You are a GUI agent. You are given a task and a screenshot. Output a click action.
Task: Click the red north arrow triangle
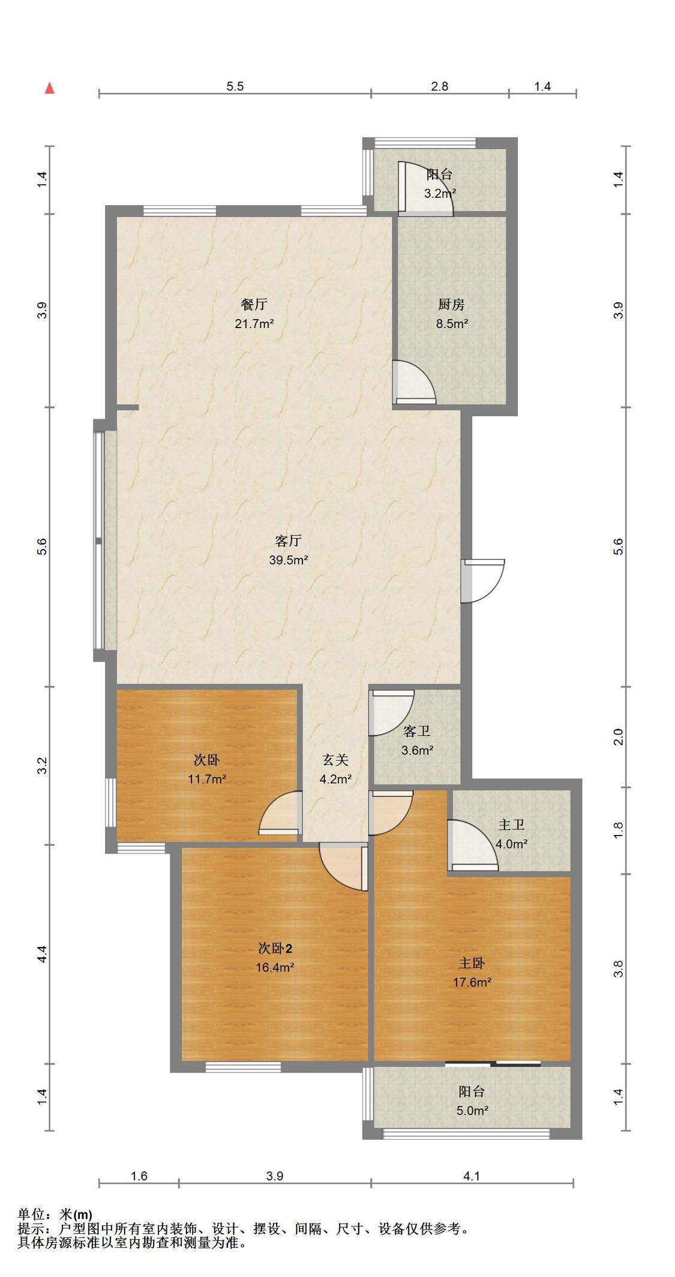pos(50,88)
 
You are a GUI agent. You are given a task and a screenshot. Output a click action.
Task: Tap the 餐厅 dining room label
pos(254,304)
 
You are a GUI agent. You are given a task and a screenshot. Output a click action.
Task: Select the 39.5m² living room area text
pos(289,560)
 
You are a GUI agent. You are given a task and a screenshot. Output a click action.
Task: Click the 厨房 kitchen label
pos(451,304)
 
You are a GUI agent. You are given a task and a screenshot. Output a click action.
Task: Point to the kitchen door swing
pos(413,382)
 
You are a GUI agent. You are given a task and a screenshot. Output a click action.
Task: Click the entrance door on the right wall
pos(483,581)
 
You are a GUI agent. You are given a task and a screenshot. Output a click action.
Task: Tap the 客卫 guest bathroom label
pos(416,731)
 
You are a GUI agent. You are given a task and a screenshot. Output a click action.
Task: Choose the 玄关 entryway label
pos(335,760)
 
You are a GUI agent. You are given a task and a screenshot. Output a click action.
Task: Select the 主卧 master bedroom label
pos(472,963)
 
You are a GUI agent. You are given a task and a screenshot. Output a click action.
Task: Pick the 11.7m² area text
pos(206,779)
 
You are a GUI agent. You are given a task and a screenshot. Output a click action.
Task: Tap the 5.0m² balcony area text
pos(472,1110)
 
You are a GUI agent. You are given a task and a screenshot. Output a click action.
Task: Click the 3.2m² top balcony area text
pos(440,194)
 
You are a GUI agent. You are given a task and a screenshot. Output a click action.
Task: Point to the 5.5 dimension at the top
pos(235,86)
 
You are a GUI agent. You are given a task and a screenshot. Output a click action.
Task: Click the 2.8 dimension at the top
pos(440,86)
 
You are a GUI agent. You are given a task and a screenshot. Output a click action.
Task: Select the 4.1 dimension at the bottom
pos(472,1176)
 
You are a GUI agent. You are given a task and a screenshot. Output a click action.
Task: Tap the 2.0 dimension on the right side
pos(619,737)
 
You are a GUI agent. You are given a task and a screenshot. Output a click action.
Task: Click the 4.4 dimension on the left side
pos(41,954)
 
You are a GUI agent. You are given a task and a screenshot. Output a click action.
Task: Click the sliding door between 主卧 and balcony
pos(493,1064)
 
